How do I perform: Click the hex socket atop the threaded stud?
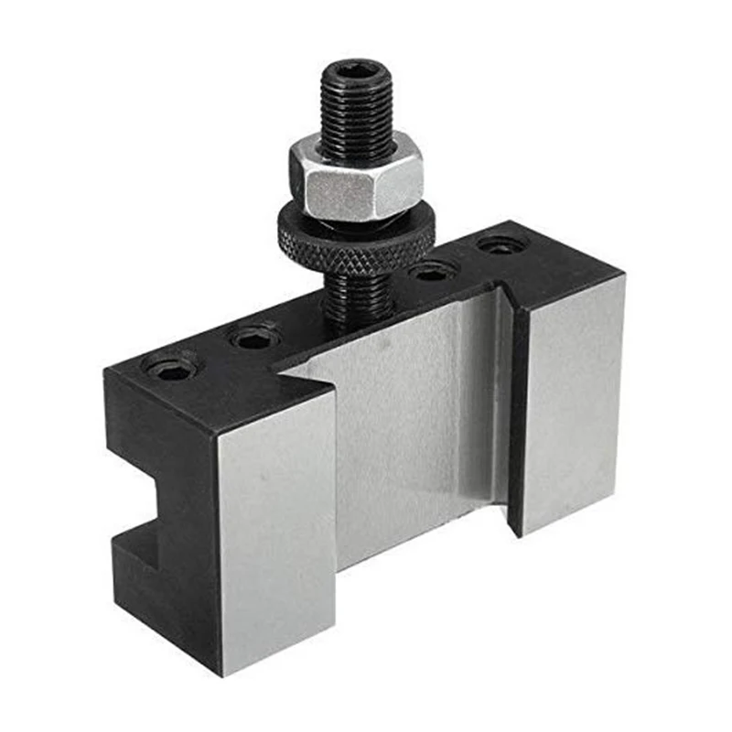point(357,71)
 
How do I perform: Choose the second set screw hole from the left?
point(255,337)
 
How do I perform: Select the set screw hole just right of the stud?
point(434,271)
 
